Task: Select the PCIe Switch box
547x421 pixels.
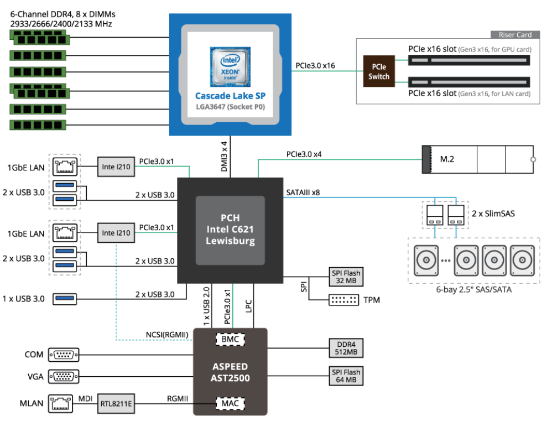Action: click(379, 71)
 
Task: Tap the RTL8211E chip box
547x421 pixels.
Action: click(116, 403)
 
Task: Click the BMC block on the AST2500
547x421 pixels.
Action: click(230, 339)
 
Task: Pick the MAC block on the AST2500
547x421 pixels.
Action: click(230, 403)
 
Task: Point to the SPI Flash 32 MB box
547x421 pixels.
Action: click(346, 276)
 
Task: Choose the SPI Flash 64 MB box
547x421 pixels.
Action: click(346, 376)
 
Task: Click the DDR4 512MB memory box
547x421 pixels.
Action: click(346, 347)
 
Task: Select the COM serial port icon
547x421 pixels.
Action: click(64, 355)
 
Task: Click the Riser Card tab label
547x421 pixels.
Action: click(515, 35)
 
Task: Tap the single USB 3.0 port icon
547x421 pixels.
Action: click(64, 299)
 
